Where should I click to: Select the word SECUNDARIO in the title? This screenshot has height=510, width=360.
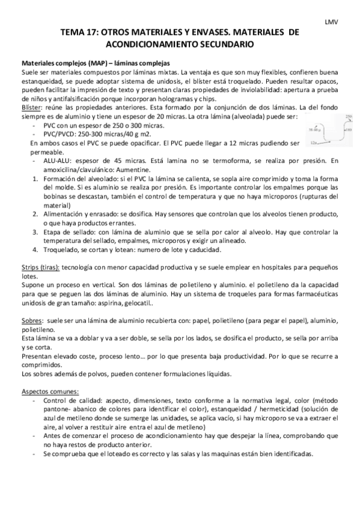pyautogui.click(x=227, y=45)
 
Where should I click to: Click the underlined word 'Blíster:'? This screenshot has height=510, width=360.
pyautogui.click(x=32, y=106)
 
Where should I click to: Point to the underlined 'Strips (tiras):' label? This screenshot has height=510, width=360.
pyautogui.click(x=41, y=266)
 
